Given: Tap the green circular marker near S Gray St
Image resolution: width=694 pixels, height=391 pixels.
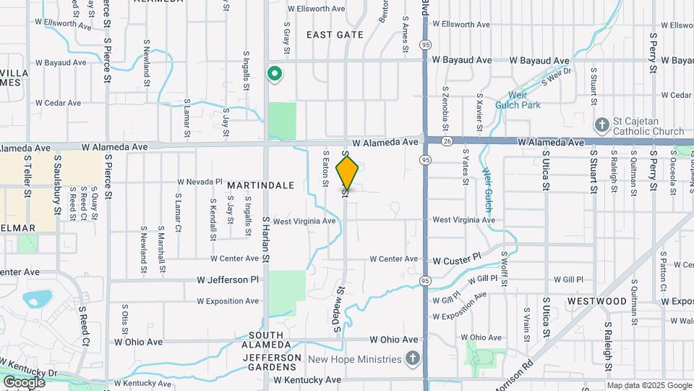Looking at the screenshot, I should coord(275,73).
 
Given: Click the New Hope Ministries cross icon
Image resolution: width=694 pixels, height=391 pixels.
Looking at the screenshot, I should coord(412,359).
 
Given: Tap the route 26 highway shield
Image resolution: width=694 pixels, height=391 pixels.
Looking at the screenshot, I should coord(448,142).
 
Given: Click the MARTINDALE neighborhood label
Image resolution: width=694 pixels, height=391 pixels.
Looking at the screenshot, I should coord(261,185).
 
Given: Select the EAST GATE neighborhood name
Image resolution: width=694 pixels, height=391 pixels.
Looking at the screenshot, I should coord(335,35).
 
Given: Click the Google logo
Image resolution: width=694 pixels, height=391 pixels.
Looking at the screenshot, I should coord(24,382).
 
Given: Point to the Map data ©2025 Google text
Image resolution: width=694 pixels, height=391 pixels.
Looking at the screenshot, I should coord(650,385).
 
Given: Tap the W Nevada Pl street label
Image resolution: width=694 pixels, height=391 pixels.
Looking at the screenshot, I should coord(200,181).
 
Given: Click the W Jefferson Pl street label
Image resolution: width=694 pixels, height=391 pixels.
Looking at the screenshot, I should coord(228,279).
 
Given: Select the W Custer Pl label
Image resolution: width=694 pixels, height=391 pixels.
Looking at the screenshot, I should coord(457,258).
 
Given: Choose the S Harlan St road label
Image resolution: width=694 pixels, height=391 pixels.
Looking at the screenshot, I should coord(266,239).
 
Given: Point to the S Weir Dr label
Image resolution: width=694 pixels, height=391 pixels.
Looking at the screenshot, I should coord(557,75).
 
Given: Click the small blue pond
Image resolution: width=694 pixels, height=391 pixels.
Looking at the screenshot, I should coord(37,298).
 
